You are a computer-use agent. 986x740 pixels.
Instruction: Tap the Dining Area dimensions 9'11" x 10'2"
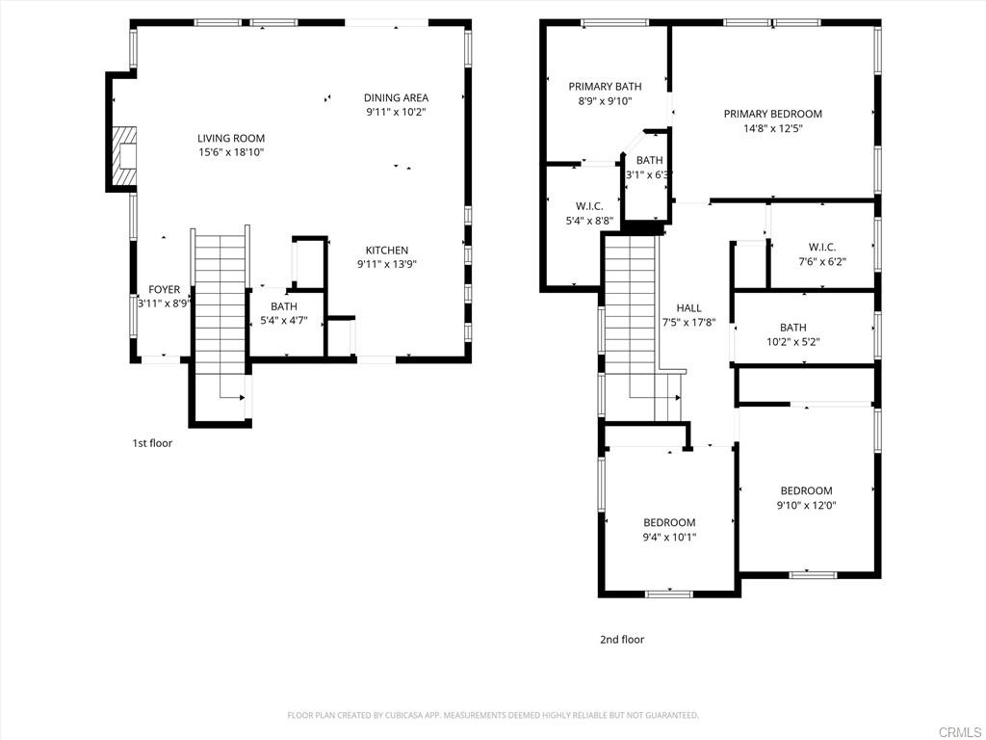pos(396,112)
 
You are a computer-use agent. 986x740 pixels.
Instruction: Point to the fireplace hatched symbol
pos(124,156)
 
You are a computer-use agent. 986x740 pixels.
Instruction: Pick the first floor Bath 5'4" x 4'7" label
pos(284,313)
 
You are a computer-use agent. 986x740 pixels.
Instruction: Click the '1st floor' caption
pos(151,443)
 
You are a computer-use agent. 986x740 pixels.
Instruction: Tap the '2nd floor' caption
pos(622,640)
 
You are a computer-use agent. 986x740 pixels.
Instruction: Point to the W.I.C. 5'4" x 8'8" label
pos(589,213)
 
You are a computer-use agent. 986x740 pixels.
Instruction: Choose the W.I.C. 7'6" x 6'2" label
pos(822,254)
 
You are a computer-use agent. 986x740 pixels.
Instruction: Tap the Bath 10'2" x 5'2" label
pos(793,334)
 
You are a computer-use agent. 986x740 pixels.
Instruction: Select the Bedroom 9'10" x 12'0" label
pos(806,497)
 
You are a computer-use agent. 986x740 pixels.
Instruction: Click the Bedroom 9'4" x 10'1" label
pos(669,529)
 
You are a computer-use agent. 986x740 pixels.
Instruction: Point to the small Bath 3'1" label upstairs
pos(649,168)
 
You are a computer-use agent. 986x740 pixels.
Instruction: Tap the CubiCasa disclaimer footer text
pos(493,715)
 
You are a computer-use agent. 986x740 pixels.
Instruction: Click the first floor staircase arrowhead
pos(242,397)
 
